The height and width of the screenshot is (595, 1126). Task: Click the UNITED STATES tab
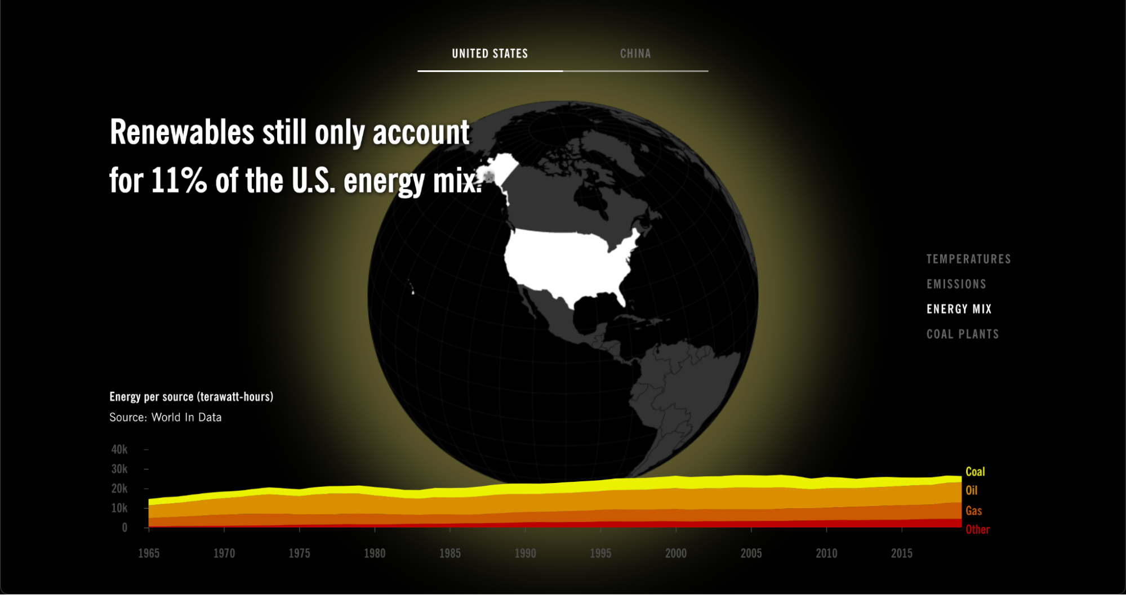tap(489, 53)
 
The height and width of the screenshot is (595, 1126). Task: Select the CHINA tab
tap(635, 53)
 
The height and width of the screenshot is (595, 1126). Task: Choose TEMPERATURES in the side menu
tap(968, 259)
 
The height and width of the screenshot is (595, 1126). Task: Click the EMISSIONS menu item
tap(956, 284)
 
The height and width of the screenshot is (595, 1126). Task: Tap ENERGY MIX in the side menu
tap(959, 309)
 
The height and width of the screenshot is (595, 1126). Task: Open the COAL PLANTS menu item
tap(962, 334)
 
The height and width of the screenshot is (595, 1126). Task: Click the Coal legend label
tap(974, 472)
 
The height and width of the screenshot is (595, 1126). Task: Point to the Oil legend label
tap(971, 490)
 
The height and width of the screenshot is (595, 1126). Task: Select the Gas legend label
tap(973, 511)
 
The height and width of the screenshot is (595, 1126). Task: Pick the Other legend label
tap(977, 529)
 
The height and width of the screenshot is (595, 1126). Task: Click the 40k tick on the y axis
tap(119, 449)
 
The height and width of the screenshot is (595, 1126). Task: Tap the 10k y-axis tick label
tap(119, 508)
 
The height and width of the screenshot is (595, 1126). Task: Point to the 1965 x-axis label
tap(149, 553)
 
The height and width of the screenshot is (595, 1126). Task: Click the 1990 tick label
tap(525, 553)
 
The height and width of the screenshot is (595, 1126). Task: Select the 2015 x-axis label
tap(901, 553)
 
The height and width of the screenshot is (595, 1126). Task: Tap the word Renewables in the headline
tap(182, 132)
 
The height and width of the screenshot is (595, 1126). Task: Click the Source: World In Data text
tap(165, 417)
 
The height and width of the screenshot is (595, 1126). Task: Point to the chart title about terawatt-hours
tap(191, 397)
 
